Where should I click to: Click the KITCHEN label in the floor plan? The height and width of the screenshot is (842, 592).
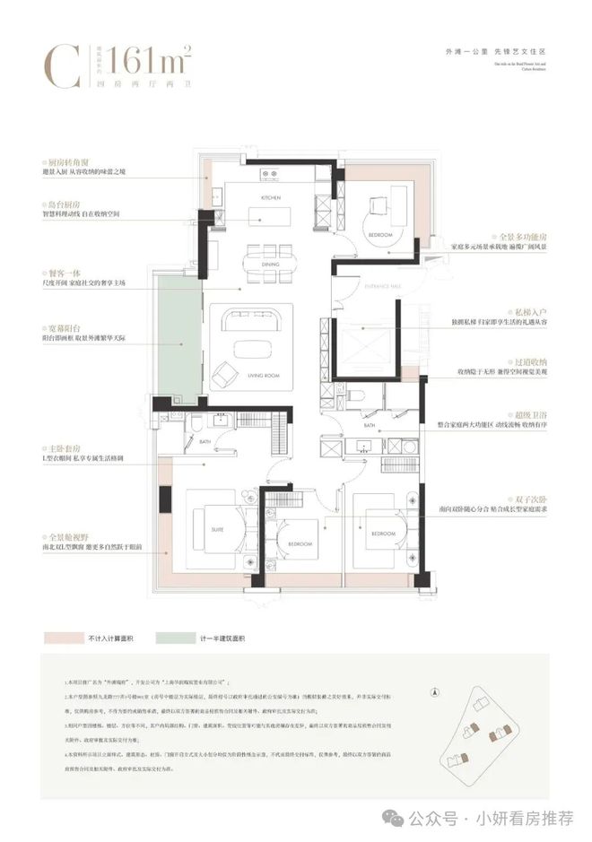pos(271,196)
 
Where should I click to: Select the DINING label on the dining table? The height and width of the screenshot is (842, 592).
pos(271,264)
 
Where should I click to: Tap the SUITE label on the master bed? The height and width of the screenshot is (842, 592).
pos(217,529)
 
